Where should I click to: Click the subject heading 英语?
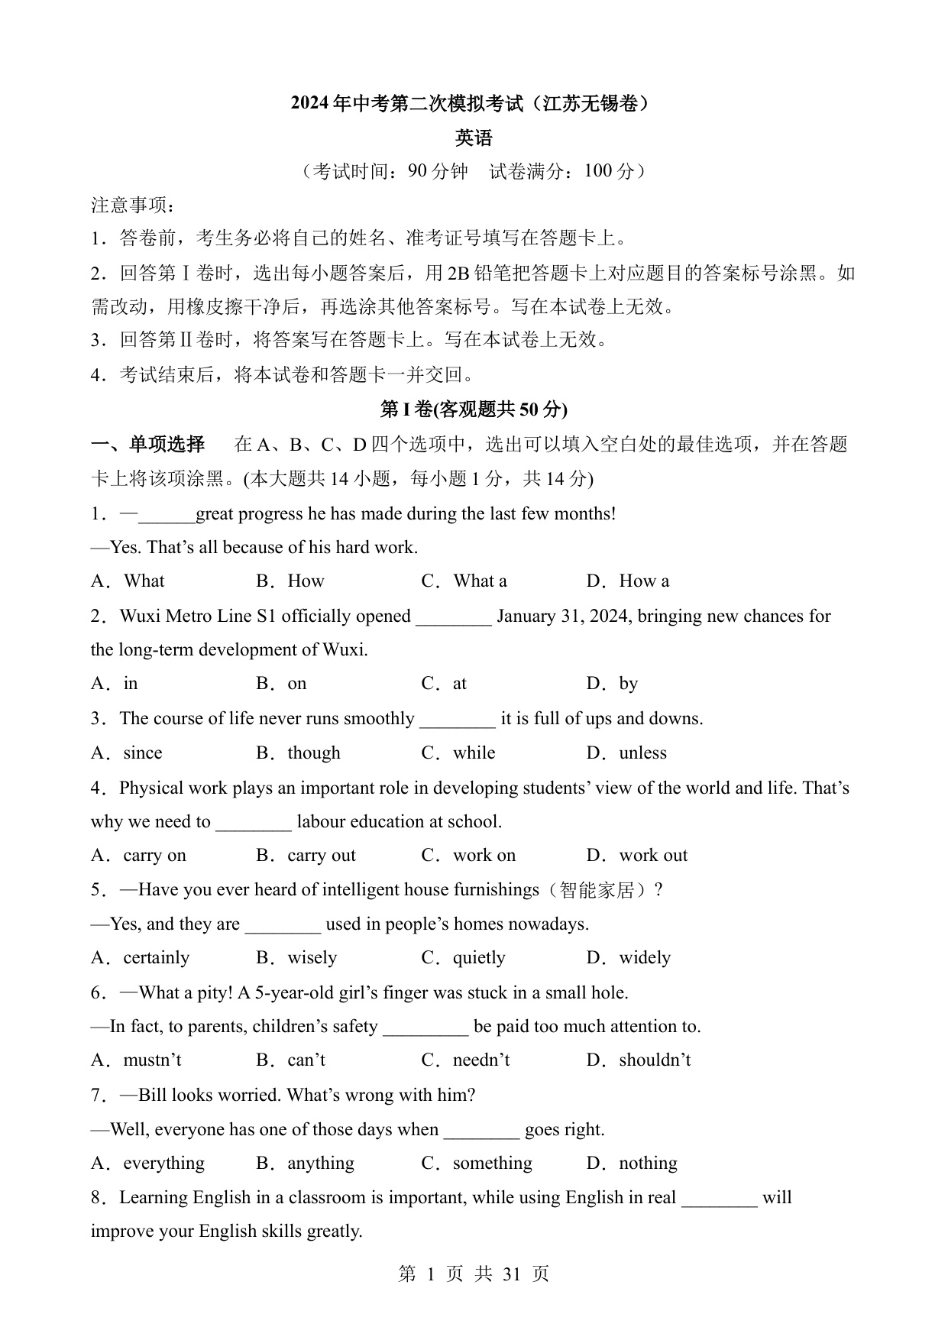coord(474,138)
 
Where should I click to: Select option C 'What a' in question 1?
coord(479,581)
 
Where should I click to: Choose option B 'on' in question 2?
coord(296,684)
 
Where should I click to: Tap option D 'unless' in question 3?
coord(642,753)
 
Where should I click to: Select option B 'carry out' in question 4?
coord(321,856)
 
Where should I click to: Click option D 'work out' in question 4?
coord(653,856)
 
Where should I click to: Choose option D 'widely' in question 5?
coord(645,958)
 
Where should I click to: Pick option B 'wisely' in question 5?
coord(312,958)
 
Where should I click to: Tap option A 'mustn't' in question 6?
coord(152,1060)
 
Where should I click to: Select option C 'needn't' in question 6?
coord(480,1060)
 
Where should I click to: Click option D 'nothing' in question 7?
coord(648,1164)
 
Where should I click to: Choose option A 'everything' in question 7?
coord(163,1164)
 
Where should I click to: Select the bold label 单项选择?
coord(167,445)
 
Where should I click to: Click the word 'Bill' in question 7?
coord(153,1096)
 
